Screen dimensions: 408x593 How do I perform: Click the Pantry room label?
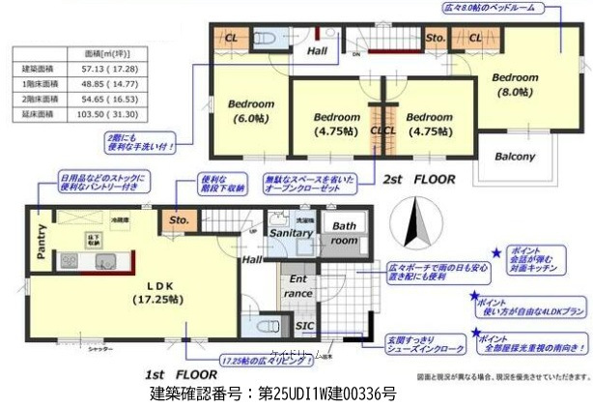coord(42,241)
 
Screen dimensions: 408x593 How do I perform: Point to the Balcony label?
coord(515,157)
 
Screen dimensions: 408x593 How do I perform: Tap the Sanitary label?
coord(290,233)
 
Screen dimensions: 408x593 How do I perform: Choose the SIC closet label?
coord(302,325)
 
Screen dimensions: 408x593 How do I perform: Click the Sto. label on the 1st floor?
coord(178,219)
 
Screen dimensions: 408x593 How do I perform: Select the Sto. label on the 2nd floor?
coord(435,38)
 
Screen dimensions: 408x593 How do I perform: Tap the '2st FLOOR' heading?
coord(417,180)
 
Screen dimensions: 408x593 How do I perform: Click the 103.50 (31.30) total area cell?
coord(106,113)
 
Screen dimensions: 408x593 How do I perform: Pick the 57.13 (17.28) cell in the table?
coord(106,70)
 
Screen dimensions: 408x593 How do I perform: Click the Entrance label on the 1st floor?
coord(300,286)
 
